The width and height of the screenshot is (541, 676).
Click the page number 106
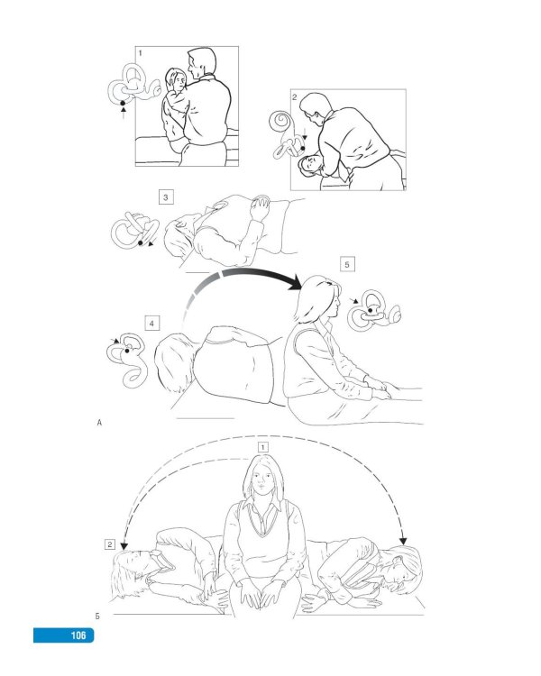tap(78, 635)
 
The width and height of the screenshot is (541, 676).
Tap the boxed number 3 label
tap(166, 197)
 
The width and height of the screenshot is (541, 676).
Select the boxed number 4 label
tap(151, 324)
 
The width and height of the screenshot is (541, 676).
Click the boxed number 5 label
tap(347, 264)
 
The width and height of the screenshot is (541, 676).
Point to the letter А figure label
tap(100, 423)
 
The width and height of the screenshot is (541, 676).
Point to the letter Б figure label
tap(97, 617)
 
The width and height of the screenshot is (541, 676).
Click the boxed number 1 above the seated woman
tap(262, 447)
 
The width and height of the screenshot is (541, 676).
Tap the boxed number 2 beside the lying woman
tap(110, 544)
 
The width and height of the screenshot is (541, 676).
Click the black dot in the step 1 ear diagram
tap(123, 103)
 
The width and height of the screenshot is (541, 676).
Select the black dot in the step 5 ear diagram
tap(371, 310)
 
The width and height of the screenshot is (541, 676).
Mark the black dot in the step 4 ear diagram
tap(127, 351)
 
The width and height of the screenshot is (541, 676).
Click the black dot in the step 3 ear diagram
tap(141, 243)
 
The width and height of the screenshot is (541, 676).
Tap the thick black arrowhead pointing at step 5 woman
tap(295, 283)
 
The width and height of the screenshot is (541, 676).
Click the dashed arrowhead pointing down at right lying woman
tap(403, 542)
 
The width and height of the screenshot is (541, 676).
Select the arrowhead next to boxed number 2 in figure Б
tap(124, 546)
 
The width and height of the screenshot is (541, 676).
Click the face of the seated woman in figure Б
tap(262, 479)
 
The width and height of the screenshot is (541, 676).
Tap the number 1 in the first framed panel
tap(141, 53)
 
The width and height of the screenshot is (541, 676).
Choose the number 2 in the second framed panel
tap(295, 97)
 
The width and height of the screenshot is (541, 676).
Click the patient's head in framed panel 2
tap(310, 166)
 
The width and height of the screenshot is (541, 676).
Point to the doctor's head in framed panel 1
tap(201, 62)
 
